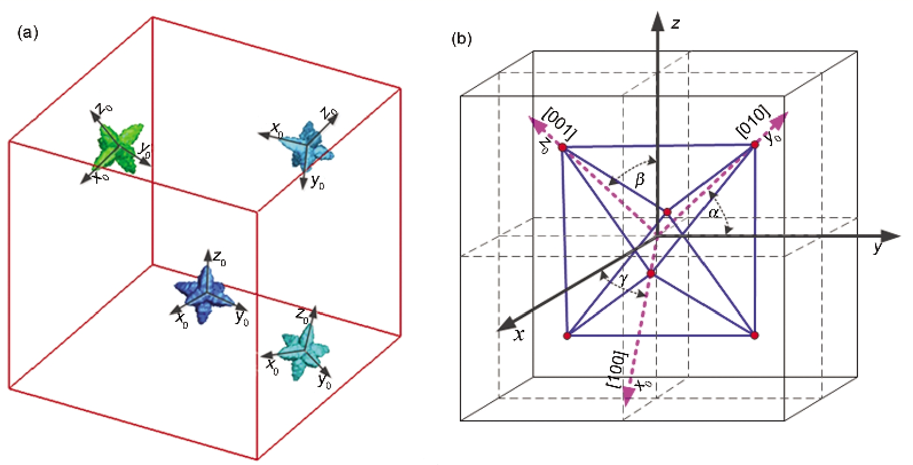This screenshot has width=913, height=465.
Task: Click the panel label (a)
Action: click(x=27, y=33)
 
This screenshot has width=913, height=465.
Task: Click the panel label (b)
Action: click(x=462, y=39)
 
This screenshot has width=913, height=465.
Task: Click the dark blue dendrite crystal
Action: click(x=204, y=293)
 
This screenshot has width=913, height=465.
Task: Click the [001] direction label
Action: click(x=558, y=124)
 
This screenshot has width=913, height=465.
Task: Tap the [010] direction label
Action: click(x=752, y=121)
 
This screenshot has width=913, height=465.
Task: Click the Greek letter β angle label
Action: click(x=640, y=180)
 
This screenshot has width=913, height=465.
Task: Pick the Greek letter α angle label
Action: click(x=714, y=214)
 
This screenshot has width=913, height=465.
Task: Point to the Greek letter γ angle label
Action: click(x=624, y=279)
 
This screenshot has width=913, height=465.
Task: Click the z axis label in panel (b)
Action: click(x=675, y=23)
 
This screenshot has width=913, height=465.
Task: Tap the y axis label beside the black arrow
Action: click(x=877, y=247)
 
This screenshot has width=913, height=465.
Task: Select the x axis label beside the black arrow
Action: click(x=519, y=335)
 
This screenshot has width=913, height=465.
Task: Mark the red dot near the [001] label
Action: click(x=562, y=148)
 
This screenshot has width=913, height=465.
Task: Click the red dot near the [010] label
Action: click(x=754, y=144)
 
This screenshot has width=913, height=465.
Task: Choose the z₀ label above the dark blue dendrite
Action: click(x=219, y=258)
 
